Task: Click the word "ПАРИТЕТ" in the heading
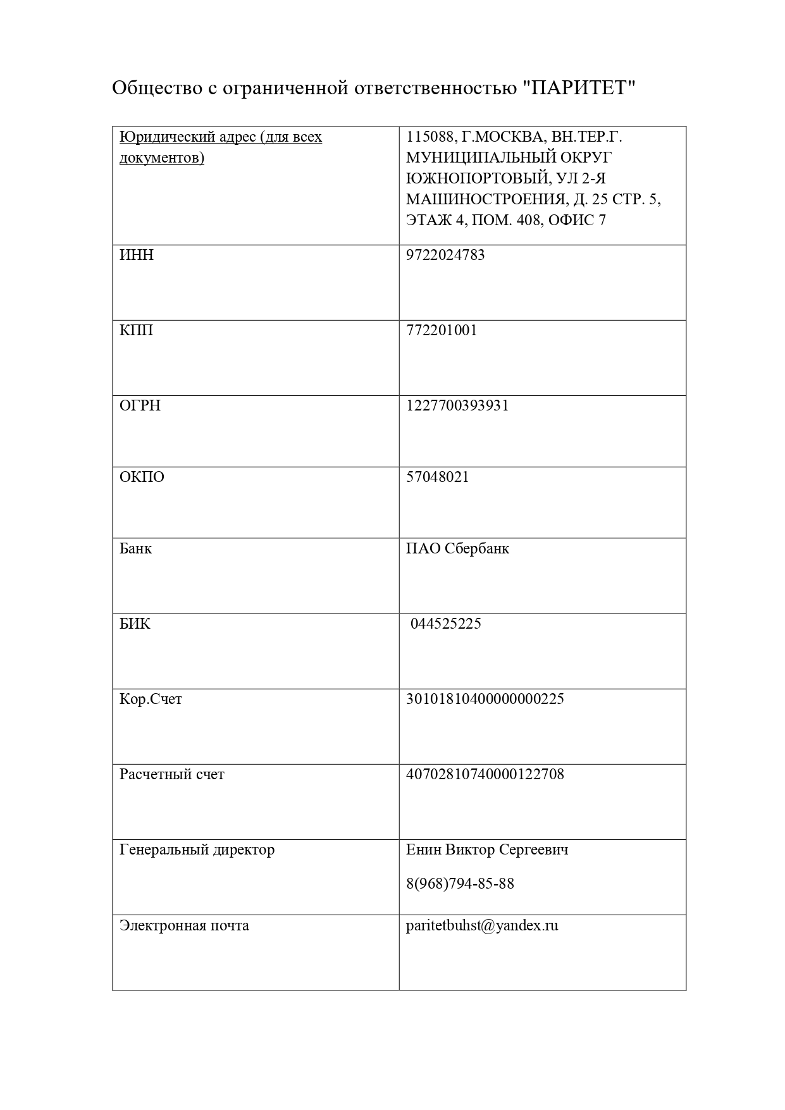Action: point(579,88)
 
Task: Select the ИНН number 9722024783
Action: point(445,255)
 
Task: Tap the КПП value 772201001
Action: point(442,330)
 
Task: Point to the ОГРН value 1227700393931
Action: point(457,405)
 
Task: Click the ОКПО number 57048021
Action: point(438,477)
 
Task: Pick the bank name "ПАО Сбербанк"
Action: point(457,548)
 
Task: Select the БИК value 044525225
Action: point(446,624)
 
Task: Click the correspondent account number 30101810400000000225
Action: point(485,699)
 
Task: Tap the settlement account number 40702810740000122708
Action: point(485,774)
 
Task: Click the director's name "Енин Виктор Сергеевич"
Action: point(487,849)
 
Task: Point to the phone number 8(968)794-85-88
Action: point(460,884)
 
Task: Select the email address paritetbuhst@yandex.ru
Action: point(482,925)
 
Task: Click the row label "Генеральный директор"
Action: point(197,849)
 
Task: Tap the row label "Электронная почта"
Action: point(184,925)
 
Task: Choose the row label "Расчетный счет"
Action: point(171,774)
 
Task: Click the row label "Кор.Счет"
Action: point(151,699)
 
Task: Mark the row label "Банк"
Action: point(135,548)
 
